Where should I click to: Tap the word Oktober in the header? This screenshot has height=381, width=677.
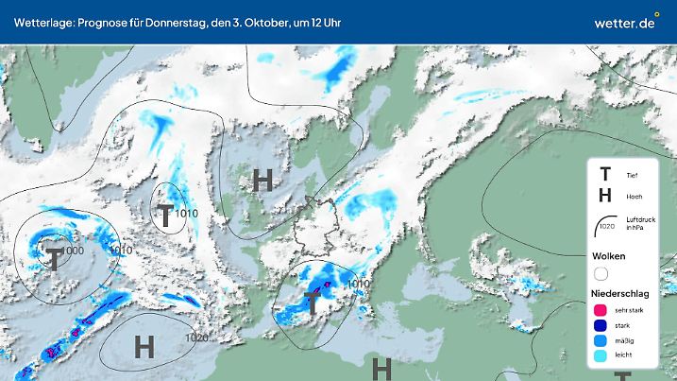point(255,22)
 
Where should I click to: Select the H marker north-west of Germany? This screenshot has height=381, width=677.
point(263,178)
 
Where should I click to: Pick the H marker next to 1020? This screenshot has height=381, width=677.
point(144,346)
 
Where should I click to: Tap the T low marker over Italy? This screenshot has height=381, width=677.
point(312,303)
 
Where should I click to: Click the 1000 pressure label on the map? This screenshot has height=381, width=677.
point(73,251)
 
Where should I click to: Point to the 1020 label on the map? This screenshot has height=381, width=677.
point(197,338)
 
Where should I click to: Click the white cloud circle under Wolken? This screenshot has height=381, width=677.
point(601,273)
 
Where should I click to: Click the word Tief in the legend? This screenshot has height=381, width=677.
point(632,175)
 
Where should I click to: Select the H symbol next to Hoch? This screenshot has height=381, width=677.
point(605,196)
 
